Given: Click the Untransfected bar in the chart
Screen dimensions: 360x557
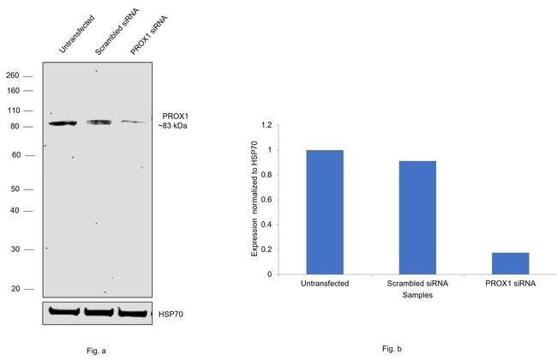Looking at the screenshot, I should click(x=325, y=212).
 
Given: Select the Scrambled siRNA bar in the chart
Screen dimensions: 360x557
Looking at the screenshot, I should click(x=417, y=218).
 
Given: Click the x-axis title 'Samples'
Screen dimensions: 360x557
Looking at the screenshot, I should click(x=417, y=294).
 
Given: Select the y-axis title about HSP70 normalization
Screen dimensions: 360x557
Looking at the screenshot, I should click(x=255, y=200).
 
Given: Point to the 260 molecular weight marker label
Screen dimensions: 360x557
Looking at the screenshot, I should click(x=13, y=75).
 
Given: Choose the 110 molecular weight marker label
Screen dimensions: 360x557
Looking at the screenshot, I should click(x=13, y=111).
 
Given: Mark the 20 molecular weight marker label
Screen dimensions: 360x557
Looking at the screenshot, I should click(x=15, y=289).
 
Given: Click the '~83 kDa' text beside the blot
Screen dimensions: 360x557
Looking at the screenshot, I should click(x=171, y=126).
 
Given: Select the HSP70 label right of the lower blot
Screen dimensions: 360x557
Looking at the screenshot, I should click(x=169, y=314).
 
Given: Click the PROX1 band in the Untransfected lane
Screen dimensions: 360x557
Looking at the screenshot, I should click(x=62, y=123).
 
